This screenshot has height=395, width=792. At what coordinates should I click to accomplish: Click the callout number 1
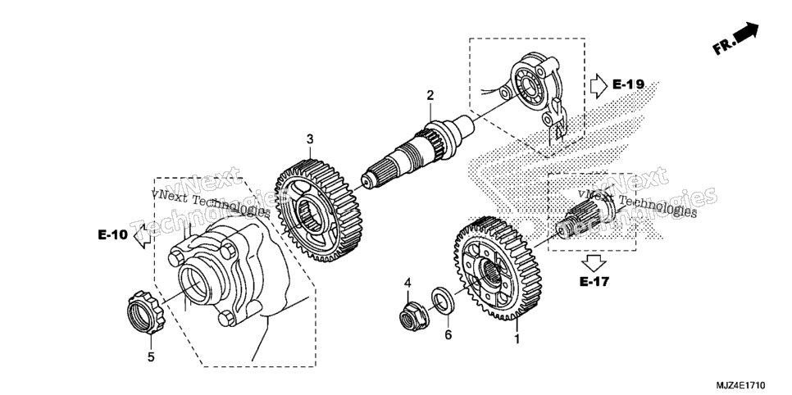517,338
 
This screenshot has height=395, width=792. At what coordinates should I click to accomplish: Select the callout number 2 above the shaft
430,95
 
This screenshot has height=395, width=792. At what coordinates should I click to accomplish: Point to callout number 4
407,283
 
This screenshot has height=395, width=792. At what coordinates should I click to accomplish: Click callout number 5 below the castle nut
151,357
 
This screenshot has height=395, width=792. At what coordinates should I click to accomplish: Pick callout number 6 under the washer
448,334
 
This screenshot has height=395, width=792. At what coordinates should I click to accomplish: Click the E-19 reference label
628,84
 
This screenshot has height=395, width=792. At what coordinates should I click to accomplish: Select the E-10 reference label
113,234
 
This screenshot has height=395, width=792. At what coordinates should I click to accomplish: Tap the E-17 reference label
594,281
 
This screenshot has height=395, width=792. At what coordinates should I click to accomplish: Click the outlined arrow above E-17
594,263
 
